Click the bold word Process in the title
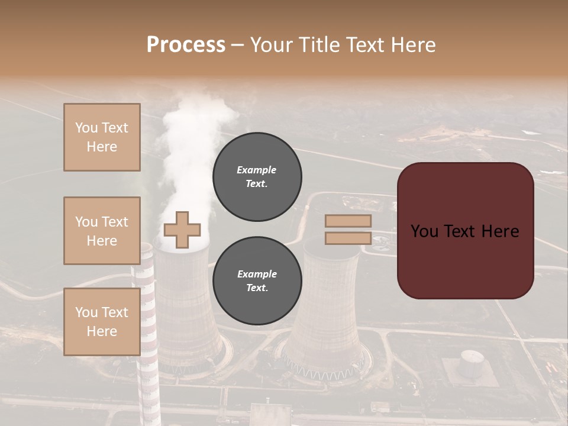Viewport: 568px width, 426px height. click(186, 45)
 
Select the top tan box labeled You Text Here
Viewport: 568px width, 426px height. click(102, 137)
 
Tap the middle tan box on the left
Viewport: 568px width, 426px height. click(102, 231)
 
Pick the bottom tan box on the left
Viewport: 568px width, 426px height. click(102, 322)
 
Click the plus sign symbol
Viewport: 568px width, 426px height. click(182, 230)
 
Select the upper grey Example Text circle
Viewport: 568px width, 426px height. click(257, 177)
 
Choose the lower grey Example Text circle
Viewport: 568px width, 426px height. click(257, 281)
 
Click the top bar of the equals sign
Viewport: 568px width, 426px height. click(348, 221)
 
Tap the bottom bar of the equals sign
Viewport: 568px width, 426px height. click(348, 238)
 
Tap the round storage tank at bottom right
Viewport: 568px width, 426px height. click(472, 362)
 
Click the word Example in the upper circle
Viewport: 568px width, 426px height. click(257, 170)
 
